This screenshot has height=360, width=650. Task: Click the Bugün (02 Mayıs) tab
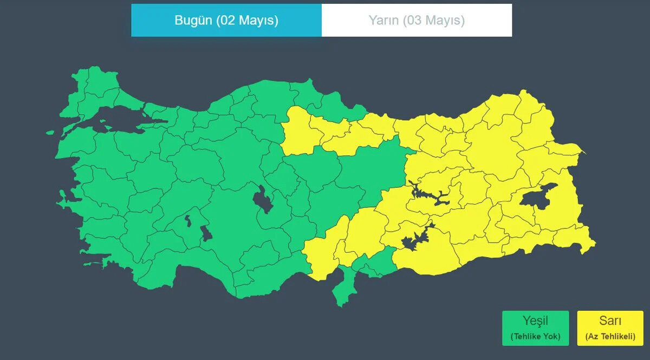coord(226,21)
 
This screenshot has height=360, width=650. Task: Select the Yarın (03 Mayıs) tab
coord(417,21)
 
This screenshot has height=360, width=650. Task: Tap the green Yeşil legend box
coord(535,328)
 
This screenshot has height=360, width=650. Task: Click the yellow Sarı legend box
coord(610,328)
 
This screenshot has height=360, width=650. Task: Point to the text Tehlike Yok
coord(535,337)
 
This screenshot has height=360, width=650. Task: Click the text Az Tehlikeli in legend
coord(610,337)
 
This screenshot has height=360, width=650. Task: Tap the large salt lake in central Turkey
coord(263,200)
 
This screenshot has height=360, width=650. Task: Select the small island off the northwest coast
coord(50,132)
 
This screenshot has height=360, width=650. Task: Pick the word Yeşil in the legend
coord(535,320)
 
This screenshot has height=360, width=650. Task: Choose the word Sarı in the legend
coord(610,320)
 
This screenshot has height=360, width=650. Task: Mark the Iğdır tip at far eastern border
coord(582,150)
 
